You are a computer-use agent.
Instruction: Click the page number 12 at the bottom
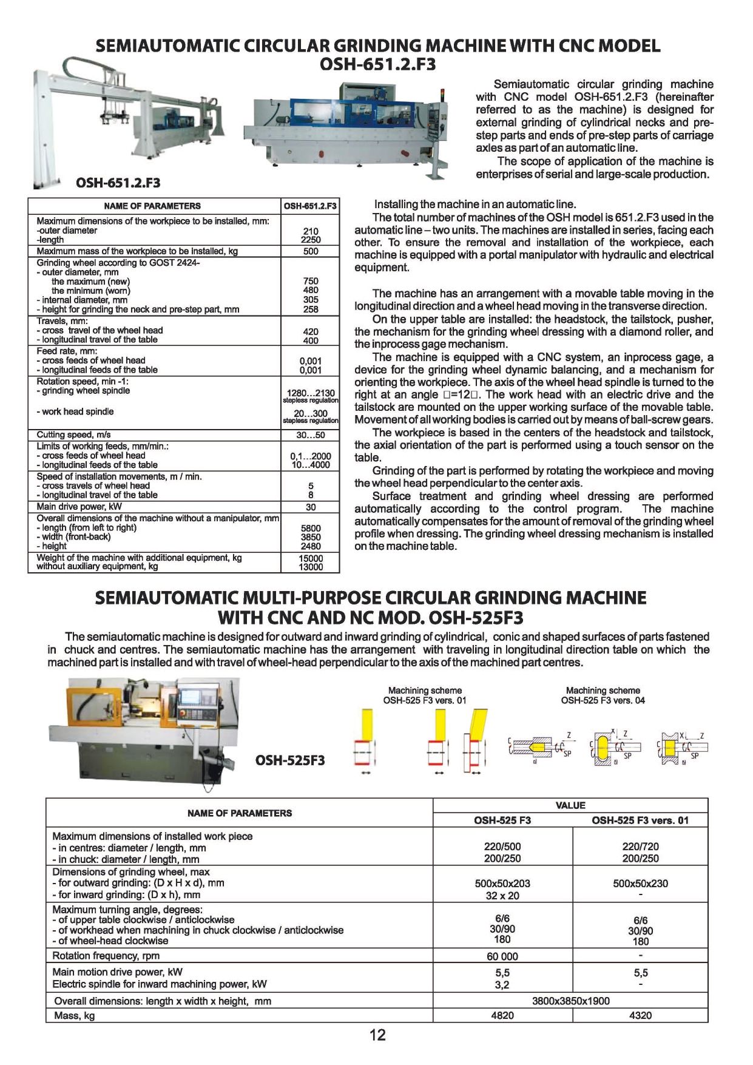pos(377,1035)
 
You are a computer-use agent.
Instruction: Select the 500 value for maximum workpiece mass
pos(310,251)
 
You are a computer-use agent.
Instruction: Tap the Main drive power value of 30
pos(310,507)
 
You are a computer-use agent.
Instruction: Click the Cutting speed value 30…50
pos(310,435)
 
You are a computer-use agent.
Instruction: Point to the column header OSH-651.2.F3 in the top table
pos(310,206)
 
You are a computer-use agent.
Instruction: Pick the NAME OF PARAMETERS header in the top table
pos(152,206)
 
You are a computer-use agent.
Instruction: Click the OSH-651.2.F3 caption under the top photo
pos(118,183)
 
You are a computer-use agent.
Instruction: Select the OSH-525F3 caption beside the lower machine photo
pos(290,760)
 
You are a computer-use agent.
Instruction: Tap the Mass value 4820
pos(502,1015)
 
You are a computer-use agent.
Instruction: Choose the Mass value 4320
pos(640,1015)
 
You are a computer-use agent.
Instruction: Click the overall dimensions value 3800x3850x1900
pos(570,1001)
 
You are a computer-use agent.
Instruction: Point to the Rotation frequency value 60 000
pos(502,956)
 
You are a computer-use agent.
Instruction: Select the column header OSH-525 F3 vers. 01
pos(640,820)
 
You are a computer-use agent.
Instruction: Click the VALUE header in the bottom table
pos(570,805)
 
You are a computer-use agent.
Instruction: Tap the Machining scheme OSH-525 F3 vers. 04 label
pos(603,695)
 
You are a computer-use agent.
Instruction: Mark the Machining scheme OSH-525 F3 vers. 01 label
pos(425,695)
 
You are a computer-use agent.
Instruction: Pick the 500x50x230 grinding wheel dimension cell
pos(640,884)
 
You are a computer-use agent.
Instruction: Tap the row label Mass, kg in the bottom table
pos(75,1015)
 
